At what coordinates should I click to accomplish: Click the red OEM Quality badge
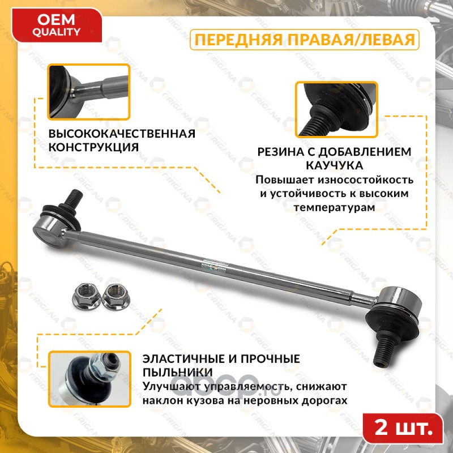(x=57, y=25)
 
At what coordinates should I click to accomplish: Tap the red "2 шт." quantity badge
(x=403, y=428)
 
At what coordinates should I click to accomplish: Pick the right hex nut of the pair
(x=116, y=296)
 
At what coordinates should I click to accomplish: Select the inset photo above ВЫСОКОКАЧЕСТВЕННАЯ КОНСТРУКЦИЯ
(x=89, y=92)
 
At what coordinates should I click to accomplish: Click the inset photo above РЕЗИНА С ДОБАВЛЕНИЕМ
(x=336, y=109)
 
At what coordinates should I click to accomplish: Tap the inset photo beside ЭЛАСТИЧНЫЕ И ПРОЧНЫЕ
(x=89, y=379)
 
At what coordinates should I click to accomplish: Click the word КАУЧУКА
(x=334, y=165)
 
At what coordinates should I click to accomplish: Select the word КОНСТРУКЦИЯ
(x=93, y=147)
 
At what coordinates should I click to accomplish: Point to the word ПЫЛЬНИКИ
(x=178, y=373)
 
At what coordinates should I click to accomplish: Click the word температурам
(x=334, y=208)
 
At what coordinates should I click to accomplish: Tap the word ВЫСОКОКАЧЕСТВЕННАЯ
(x=122, y=134)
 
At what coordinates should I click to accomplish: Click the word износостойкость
(x=365, y=180)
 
